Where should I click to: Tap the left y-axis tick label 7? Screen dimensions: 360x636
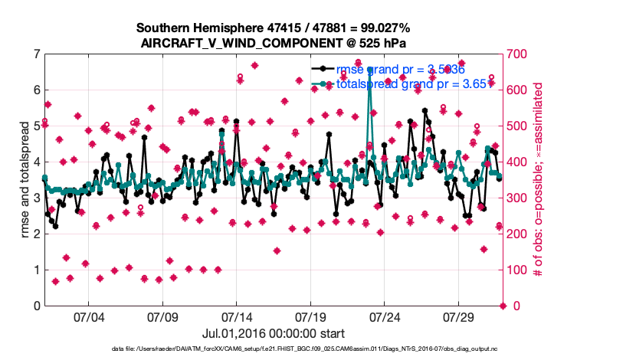click(37, 54)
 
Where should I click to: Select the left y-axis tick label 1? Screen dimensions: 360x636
click(37, 270)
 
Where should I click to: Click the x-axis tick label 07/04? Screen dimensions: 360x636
click(88, 317)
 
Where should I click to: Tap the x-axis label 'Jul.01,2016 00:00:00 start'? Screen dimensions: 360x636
click(274, 333)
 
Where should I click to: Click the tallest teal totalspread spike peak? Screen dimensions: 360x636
click(370, 70)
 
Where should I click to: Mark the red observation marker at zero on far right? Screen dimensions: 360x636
click(503, 306)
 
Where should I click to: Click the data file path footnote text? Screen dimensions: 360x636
click(318, 349)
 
